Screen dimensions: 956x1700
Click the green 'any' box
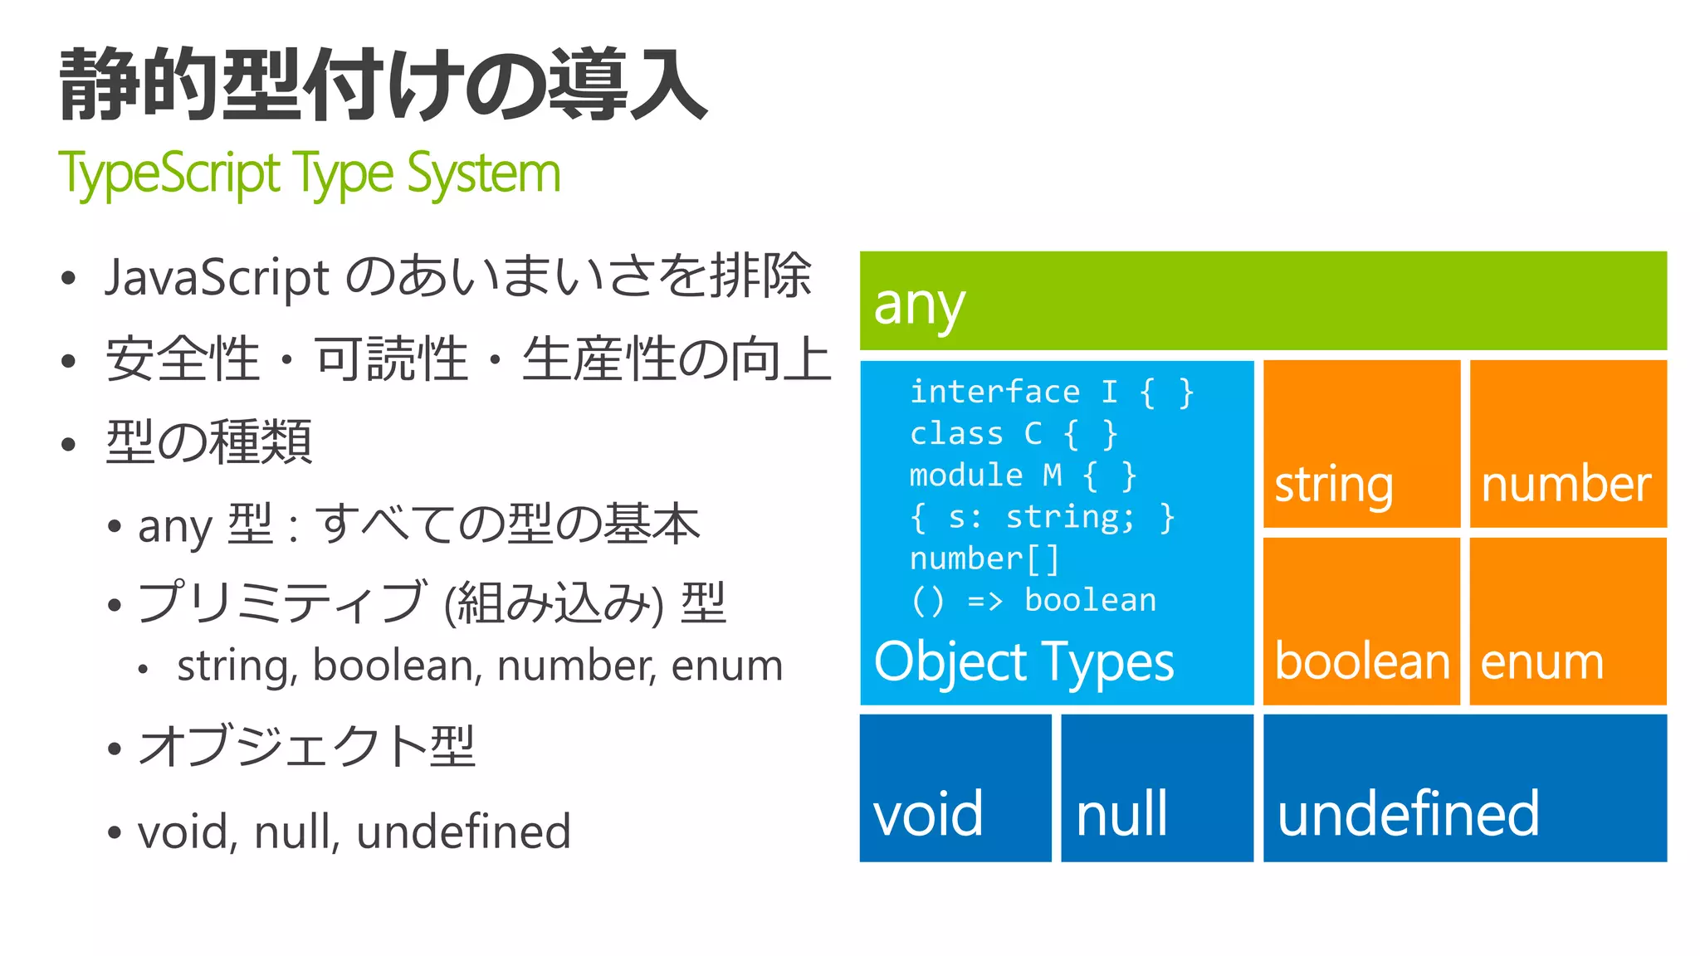click(x=1263, y=300)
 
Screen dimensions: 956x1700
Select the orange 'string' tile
click(x=1361, y=444)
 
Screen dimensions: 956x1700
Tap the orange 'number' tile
click(x=1568, y=444)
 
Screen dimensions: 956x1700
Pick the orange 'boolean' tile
click(x=1361, y=622)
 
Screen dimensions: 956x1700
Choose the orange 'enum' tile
click(x=1568, y=622)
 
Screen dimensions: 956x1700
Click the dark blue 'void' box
click(x=955, y=788)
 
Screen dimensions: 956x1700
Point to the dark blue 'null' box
click(x=1157, y=788)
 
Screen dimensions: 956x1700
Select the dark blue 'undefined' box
click(x=1465, y=788)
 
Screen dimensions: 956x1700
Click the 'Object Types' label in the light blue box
click(x=1024, y=662)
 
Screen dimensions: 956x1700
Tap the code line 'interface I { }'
click(x=1052, y=392)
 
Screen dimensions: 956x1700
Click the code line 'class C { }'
click(x=1014, y=433)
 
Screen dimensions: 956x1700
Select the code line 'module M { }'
click(x=1023, y=476)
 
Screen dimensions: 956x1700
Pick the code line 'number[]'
click(x=984, y=558)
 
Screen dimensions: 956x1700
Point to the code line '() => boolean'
click(x=1033, y=600)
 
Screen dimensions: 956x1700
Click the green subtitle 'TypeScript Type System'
click(x=310, y=174)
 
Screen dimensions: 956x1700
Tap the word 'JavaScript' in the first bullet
click(x=217, y=277)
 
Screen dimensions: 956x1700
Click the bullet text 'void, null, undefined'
click(x=354, y=832)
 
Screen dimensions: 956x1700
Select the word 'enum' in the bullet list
click(x=727, y=666)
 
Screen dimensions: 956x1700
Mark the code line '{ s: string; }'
click(x=1043, y=517)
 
